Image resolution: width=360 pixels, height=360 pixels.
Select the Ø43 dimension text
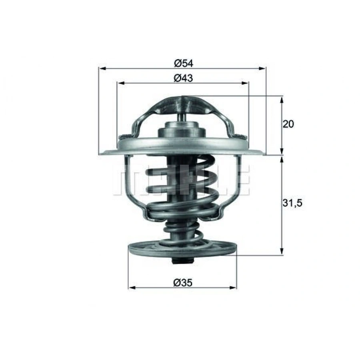(183, 78)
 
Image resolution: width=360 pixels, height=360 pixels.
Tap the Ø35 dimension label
(183, 282)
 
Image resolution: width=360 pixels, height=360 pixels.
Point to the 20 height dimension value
(288, 124)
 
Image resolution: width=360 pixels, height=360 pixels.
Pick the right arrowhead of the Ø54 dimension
(263, 68)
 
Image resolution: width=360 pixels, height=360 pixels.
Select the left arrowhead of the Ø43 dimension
(120, 83)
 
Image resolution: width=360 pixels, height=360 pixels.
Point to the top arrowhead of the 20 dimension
(282, 99)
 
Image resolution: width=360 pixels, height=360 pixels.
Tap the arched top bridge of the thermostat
(182, 105)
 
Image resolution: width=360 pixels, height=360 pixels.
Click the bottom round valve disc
(182, 250)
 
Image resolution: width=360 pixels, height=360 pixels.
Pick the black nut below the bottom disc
(182, 262)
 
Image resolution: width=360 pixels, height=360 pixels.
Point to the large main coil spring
(182, 188)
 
